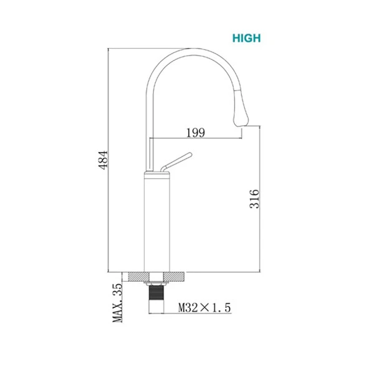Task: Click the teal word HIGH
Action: [246, 38]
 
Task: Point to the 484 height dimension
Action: [103, 160]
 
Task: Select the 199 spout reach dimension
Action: [196, 133]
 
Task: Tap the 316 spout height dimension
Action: [254, 199]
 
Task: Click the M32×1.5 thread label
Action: [204, 307]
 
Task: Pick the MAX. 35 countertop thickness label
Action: [117, 303]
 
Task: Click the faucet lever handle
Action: [176, 162]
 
